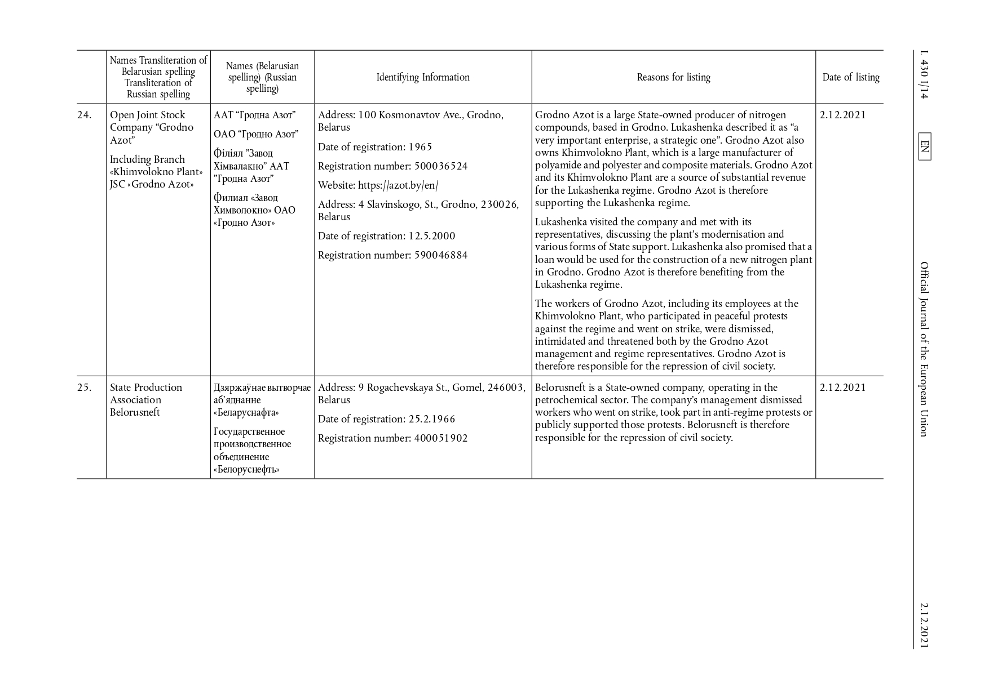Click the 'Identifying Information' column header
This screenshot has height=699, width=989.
click(x=423, y=77)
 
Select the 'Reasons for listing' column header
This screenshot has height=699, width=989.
click(x=673, y=77)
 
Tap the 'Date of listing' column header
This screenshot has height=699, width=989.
click(x=850, y=77)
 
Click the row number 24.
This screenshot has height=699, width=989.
click(x=85, y=115)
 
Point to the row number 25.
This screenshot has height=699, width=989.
click(x=85, y=388)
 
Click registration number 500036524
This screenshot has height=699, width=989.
click(x=441, y=166)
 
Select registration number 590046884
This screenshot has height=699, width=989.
click(x=441, y=255)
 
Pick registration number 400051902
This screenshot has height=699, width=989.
click(x=441, y=438)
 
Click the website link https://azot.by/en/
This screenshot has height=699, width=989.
click(x=398, y=185)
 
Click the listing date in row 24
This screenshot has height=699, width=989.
click(x=842, y=115)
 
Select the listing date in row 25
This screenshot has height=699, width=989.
click(x=842, y=388)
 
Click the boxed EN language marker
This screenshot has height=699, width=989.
click(x=924, y=146)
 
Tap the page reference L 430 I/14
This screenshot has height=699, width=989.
click(x=924, y=75)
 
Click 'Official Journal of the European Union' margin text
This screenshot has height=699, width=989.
click(x=924, y=349)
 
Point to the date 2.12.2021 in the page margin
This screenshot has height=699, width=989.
click(x=924, y=625)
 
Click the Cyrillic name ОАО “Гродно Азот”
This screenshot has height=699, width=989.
click(x=256, y=134)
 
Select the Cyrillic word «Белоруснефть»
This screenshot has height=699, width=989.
click(x=246, y=469)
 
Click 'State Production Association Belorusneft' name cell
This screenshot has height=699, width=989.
click(x=146, y=400)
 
